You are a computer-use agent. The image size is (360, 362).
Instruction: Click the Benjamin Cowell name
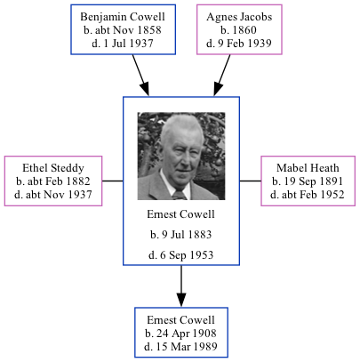(x=116, y=17)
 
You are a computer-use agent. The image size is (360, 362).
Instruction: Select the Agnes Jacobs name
(x=238, y=17)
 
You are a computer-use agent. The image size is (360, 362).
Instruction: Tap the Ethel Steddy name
(x=54, y=167)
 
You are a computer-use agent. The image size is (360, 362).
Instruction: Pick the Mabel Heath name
(x=307, y=167)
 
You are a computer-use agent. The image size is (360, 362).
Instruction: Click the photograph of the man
(x=181, y=156)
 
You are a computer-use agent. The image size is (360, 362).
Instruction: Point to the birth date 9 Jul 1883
(x=181, y=236)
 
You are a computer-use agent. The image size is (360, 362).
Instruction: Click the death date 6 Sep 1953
(x=181, y=256)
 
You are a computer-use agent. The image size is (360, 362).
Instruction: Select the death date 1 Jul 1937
(x=116, y=43)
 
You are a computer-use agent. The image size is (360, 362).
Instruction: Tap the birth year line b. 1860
(x=238, y=30)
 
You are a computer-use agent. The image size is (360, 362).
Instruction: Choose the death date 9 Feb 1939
(x=238, y=43)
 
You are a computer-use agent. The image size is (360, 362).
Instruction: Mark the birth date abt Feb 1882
(x=54, y=181)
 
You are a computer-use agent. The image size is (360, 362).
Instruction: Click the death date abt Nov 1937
(x=54, y=194)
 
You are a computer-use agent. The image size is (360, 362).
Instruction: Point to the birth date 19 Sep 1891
(x=307, y=181)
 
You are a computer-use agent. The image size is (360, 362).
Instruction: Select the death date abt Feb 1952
(x=307, y=194)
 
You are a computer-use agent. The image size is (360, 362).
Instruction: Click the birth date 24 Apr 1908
(x=181, y=333)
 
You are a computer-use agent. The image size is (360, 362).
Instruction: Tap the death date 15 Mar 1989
(x=181, y=346)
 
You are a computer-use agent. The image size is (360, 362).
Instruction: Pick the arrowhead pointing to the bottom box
(x=181, y=300)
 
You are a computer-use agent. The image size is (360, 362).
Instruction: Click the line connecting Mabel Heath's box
(x=251, y=181)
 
